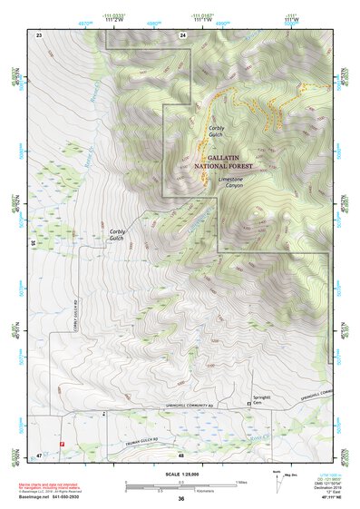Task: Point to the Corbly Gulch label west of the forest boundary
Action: (117, 235)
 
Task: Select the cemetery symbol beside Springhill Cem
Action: (249, 400)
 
